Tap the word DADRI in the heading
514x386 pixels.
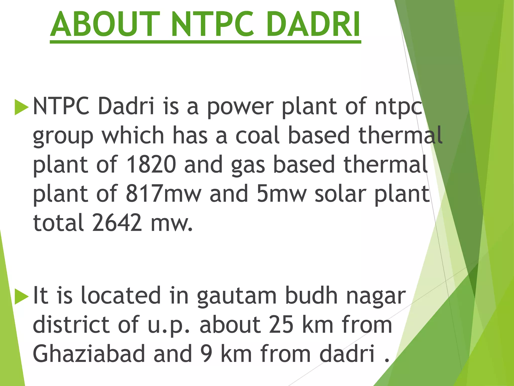(313, 25)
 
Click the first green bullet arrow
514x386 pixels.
(21, 107)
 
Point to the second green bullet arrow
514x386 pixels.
(21, 297)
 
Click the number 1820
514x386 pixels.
(151, 165)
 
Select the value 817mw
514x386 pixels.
(163, 194)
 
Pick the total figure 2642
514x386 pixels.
(117, 223)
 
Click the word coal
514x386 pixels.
(258, 135)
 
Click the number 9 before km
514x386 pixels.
(207, 354)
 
